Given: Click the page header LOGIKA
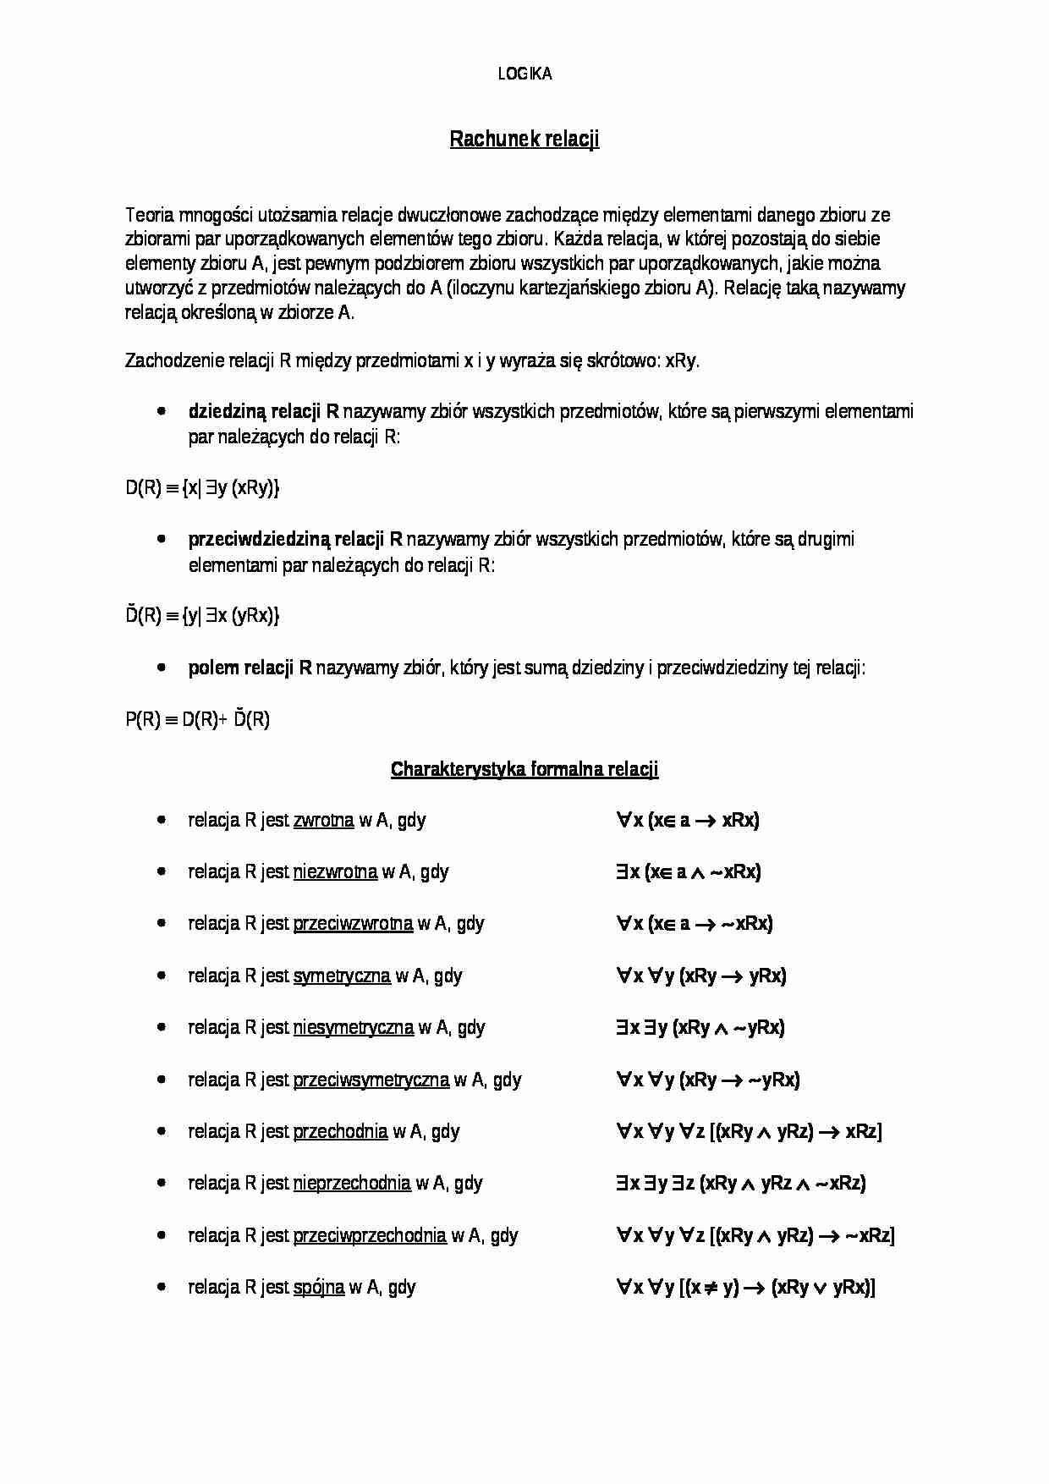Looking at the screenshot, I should pos(524,74).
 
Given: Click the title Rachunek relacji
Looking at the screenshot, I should pos(524,139).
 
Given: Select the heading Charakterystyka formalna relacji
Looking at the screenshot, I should pos(524,769).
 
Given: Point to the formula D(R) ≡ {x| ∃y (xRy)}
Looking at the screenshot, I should pos(202,488).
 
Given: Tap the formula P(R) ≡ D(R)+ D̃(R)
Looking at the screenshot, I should pos(197,720).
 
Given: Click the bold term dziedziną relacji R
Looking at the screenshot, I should pos(263,412).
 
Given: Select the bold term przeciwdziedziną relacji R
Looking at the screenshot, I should pos(295,540).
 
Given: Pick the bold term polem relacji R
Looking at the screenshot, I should pos(250,668).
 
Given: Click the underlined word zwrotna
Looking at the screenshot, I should pos(323,821).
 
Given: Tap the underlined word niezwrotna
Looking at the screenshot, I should pos(335,872).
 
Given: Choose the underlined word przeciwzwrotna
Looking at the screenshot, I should pos(353,924).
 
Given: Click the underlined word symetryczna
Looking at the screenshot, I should pos(342,976).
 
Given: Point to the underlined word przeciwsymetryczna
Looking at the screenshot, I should pos(371,1080).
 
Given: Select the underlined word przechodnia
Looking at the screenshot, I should pos(340,1132).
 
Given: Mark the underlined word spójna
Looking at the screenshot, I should pos(319,1288).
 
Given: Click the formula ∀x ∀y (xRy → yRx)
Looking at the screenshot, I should pos(701,976).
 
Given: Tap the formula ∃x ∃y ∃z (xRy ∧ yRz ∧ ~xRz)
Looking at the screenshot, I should pos(741,1184).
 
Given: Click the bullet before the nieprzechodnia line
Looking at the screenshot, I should pos(162,1184).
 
